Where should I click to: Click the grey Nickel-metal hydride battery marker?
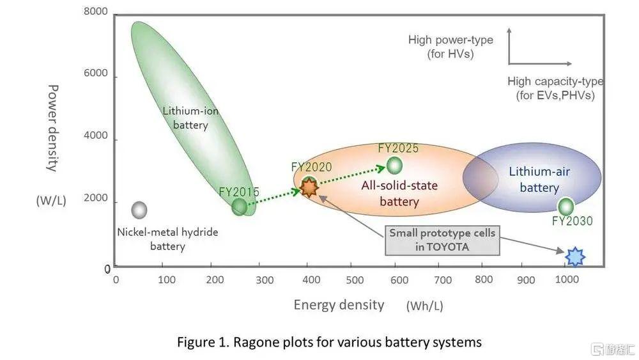point(139,210)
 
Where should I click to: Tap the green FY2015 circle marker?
point(239,207)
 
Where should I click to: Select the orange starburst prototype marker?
point(309,187)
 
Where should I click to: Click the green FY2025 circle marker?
point(395,165)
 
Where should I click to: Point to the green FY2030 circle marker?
point(566,207)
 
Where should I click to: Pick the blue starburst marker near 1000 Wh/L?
point(576,256)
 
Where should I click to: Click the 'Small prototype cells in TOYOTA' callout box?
point(442,240)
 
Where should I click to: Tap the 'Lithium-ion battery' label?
point(190,118)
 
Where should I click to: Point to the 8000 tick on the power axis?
point(96,12)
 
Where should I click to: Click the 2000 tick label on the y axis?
point(96,199)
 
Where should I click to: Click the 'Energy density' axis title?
point(339,304)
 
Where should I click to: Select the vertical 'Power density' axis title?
point(54,128)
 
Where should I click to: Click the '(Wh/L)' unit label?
point(424,306)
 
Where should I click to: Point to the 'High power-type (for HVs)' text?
point(450,47)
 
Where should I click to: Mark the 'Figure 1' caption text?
point(329,342)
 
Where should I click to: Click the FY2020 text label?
point(311,168)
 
